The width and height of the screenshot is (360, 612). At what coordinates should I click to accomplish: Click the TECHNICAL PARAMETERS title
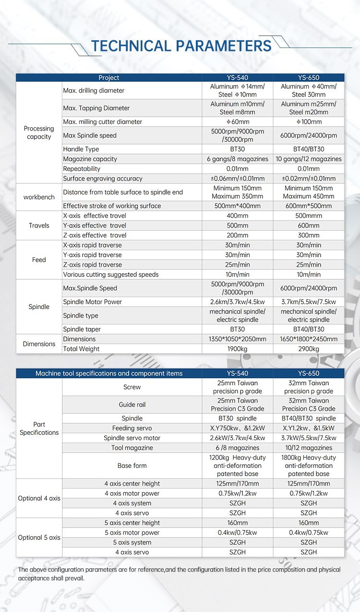click(181, 46)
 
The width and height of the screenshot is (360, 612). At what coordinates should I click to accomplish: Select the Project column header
click(108, 78)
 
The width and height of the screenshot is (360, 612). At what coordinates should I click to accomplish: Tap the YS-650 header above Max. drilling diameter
click(308, 78)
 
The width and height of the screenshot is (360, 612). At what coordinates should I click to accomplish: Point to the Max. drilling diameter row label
click(94, 91)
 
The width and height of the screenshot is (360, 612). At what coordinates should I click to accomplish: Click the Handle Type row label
click(81, 149)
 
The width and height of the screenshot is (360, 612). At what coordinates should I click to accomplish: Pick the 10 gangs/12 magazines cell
click(308, 159)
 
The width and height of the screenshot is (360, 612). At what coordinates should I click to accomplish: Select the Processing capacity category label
click(39, 132)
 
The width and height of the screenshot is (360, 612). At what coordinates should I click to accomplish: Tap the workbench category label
click(39, 197)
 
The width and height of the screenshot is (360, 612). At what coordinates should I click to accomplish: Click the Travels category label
click(39, 226)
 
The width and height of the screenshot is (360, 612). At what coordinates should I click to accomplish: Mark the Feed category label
click(39, 260)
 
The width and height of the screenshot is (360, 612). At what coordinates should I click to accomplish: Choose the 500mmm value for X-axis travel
click(308, 216)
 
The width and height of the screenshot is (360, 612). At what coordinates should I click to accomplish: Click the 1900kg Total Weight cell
click(237, 349)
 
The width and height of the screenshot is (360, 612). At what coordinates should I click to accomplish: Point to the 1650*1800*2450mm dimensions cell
click(308, 339)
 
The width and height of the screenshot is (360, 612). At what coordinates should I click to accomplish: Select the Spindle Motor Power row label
click(93, 302)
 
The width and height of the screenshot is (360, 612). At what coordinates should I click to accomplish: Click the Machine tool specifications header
click(109, 373)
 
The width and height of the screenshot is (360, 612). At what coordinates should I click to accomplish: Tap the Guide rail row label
click(132, 405)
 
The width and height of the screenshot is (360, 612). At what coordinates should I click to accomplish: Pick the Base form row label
click(132, 466)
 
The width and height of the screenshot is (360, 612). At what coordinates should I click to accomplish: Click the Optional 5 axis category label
click(39, 538)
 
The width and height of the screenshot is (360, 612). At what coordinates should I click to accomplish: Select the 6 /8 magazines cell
click(237, 448)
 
